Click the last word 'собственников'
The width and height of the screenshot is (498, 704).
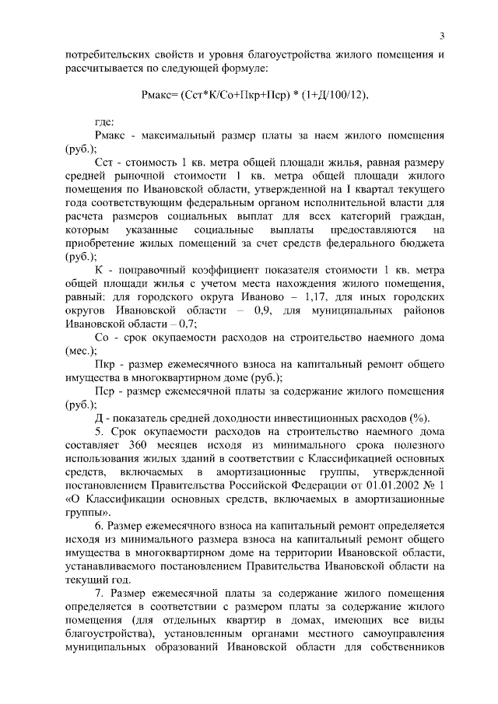[x=404, y=647]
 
